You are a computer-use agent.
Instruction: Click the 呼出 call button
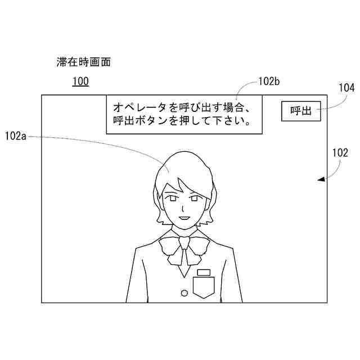[301, 111]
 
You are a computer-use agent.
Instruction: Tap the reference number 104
[346, 88]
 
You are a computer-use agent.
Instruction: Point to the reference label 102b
[269, 82]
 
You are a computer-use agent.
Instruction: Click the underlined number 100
[80, 82]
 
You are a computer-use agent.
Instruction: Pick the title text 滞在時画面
[84, 62]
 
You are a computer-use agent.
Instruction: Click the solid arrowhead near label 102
[321, 179]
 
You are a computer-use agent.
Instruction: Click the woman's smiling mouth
[183, 217]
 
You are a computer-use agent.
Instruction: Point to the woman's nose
[182, 208]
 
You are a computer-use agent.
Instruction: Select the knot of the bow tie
[183, 242]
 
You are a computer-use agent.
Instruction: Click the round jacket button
[184, 292]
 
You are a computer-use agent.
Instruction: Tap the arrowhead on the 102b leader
[236, 97]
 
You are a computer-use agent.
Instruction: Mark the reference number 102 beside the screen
[340, 152]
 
